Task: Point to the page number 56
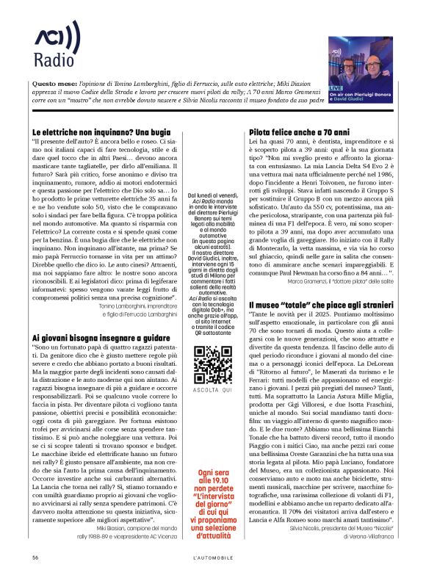[35, 558]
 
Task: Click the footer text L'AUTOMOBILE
[212, 558]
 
